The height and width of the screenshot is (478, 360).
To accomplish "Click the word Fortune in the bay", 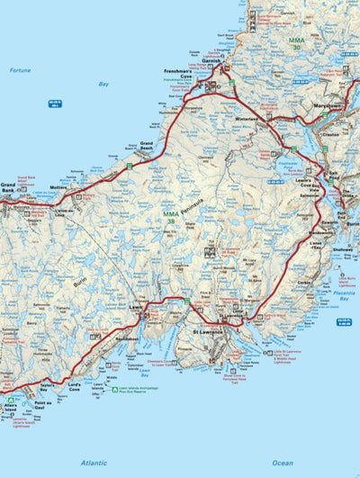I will click(x=20, y=69).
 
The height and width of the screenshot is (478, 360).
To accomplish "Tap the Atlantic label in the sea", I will click(x=94, y=462).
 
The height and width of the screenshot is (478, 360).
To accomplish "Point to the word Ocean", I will click(x=283, y=462).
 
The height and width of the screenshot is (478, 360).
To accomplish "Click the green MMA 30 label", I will click(x=297, y=42).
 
